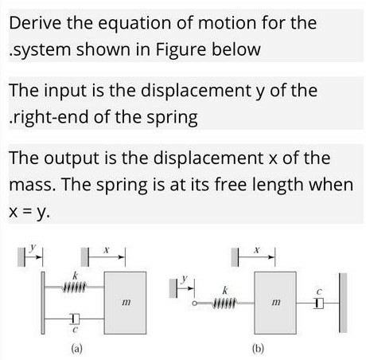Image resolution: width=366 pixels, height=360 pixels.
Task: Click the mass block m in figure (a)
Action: pos(125,303)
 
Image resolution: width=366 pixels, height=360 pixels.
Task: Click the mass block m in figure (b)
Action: pos(275,303)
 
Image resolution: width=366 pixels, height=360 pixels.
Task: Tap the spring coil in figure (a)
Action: pos(74,287)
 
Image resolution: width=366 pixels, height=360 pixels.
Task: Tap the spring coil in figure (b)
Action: pos(225,303)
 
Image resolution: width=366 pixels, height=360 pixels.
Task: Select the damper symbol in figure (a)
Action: pos(75,319)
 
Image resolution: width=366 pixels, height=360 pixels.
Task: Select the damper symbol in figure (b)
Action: pos(318,303)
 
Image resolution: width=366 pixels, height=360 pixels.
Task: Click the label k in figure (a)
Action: pos(76,276)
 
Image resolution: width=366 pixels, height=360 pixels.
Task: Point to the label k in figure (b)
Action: pos(225,291)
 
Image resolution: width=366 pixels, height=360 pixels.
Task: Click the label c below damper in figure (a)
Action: pos(75,330)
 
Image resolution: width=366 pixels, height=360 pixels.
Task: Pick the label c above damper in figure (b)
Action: pos(319,292)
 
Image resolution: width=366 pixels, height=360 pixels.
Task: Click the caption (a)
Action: pos(77,348)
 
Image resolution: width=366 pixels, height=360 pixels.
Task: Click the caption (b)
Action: pos(258,348)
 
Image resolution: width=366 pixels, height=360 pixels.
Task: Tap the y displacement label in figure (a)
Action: pos(33,248)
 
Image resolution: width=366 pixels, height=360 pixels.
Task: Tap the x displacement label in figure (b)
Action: pos(257,249)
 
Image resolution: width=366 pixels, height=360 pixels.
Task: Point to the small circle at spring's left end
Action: pos(195,303)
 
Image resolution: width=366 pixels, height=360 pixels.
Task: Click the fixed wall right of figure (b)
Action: pos(343,303)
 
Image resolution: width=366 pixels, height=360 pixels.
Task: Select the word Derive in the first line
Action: pos(35,23)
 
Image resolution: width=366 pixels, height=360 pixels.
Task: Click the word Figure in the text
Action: pos(181,49)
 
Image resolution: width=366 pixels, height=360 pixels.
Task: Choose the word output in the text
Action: pos(72,158)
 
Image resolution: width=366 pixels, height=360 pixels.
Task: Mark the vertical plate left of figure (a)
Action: pos(43,303)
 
